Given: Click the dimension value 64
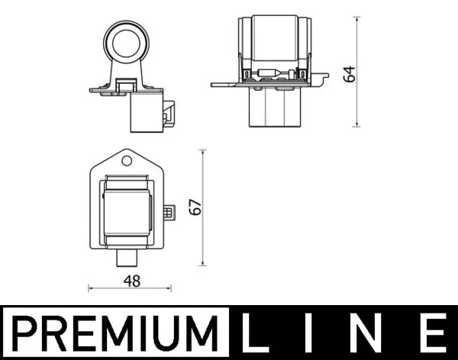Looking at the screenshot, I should click(x=349, y=73).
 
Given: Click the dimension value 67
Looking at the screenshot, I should click(x=195, y=207).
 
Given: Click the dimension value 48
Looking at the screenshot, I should click(x=131, y=281).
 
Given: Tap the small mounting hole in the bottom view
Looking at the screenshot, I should click(x=127, y=161).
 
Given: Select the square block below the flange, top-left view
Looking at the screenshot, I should click(x=146, y=113).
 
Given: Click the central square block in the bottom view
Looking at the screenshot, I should click(x=127, y=210).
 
